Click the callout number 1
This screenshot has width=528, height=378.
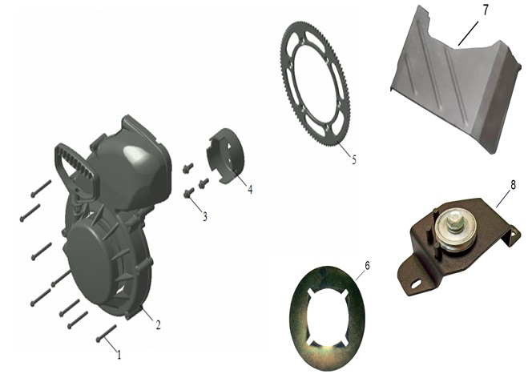[x=119, y=355]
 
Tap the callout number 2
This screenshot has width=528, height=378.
[x=158, y=325]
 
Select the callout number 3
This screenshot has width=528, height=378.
[x=205, y=217]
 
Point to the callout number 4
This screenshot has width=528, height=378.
[x=249, y=190]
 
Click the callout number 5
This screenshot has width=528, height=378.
[x=353, y=160]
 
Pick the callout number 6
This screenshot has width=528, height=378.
[x=367, y=266]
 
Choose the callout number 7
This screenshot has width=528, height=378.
[x=485, y=10]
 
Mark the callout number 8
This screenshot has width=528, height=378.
[x=513, y=185]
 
